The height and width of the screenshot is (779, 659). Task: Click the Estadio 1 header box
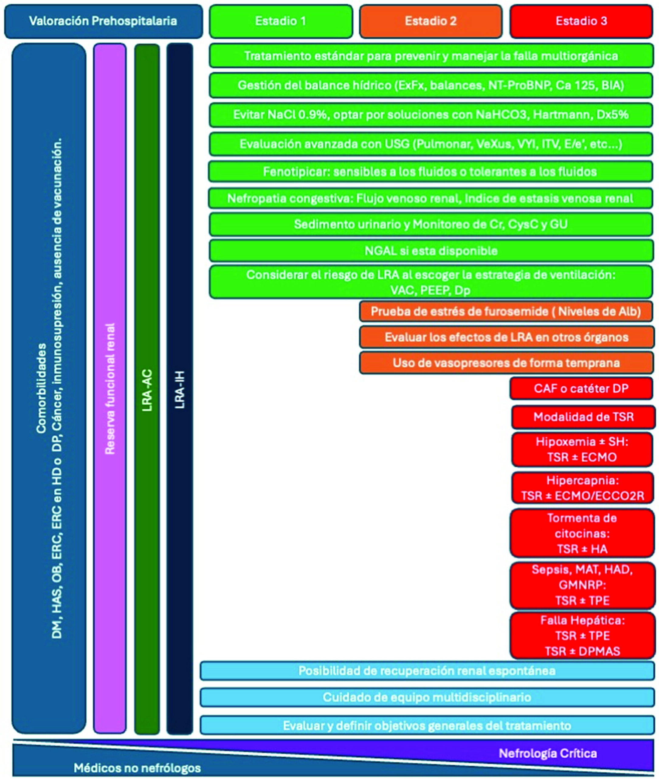tap(281, 21)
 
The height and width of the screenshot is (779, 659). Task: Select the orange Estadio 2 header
tap(431, 21)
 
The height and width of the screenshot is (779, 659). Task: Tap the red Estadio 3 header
tap(581, 21)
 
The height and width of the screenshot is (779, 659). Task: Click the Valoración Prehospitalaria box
tap(103, 21)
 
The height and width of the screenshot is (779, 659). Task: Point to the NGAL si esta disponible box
tap(431, 250)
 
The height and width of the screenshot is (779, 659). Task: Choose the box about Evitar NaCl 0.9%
tap(431, 115)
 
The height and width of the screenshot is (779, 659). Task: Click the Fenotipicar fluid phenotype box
tap(430, 172)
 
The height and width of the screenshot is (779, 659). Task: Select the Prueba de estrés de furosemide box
tap(507, 312)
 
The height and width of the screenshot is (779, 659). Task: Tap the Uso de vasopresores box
tap(507, 363)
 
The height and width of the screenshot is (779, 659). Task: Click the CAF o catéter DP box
tap(581, 389)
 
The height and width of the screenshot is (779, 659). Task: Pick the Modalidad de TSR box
tap(584, 417)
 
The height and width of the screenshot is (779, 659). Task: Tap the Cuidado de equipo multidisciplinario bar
tap(427, 697)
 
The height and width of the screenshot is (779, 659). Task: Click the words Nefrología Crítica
tap(548, 753)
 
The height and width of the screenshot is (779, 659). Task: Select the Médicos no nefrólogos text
tap(137, 768)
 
